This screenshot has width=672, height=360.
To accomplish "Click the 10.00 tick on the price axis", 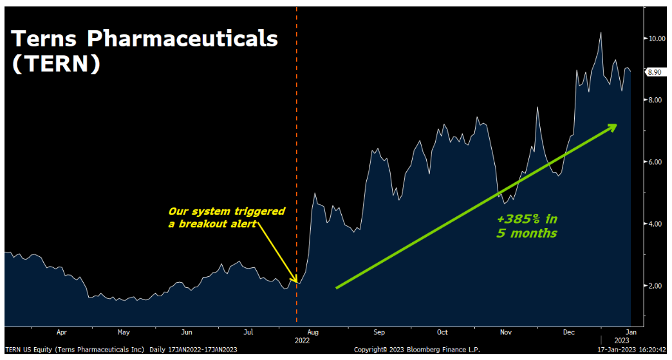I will pyautogui.click(x=657, y=39).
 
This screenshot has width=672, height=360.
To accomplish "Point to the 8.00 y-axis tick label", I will pyautogui.click(x=657, y=100).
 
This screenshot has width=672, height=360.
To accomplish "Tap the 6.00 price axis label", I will pyautogui.click(x=657, y=162).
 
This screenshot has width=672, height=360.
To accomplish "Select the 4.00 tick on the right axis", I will pyautogui.click(x=657, y=224).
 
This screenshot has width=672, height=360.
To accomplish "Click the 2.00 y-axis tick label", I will pyautogui.click(x=657, y=286).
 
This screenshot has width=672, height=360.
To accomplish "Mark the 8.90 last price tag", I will pyautogui.click(x=655, y=73).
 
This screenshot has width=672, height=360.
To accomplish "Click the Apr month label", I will pyautogui.click(x=62, y=332).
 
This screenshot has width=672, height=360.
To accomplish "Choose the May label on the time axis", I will pyautogui.click(x=124, y=332).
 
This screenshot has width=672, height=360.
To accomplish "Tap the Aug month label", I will pyautogui.click(x=313, y=332).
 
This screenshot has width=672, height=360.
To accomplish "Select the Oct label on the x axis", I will pyautogui.click(x=442, y=332).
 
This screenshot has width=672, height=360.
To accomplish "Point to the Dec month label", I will pyautogui.click(x=569, y=332).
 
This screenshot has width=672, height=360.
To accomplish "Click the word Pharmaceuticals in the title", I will pyautogui.click(x=182, y=39).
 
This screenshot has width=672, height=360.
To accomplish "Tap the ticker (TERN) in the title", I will pyautogui.click(x=56, y=64).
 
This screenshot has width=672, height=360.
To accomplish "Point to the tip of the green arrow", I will pyautogui.click(x=616, y=124).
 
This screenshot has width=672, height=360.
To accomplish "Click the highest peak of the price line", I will pyautogui.click(x=601, y=32).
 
